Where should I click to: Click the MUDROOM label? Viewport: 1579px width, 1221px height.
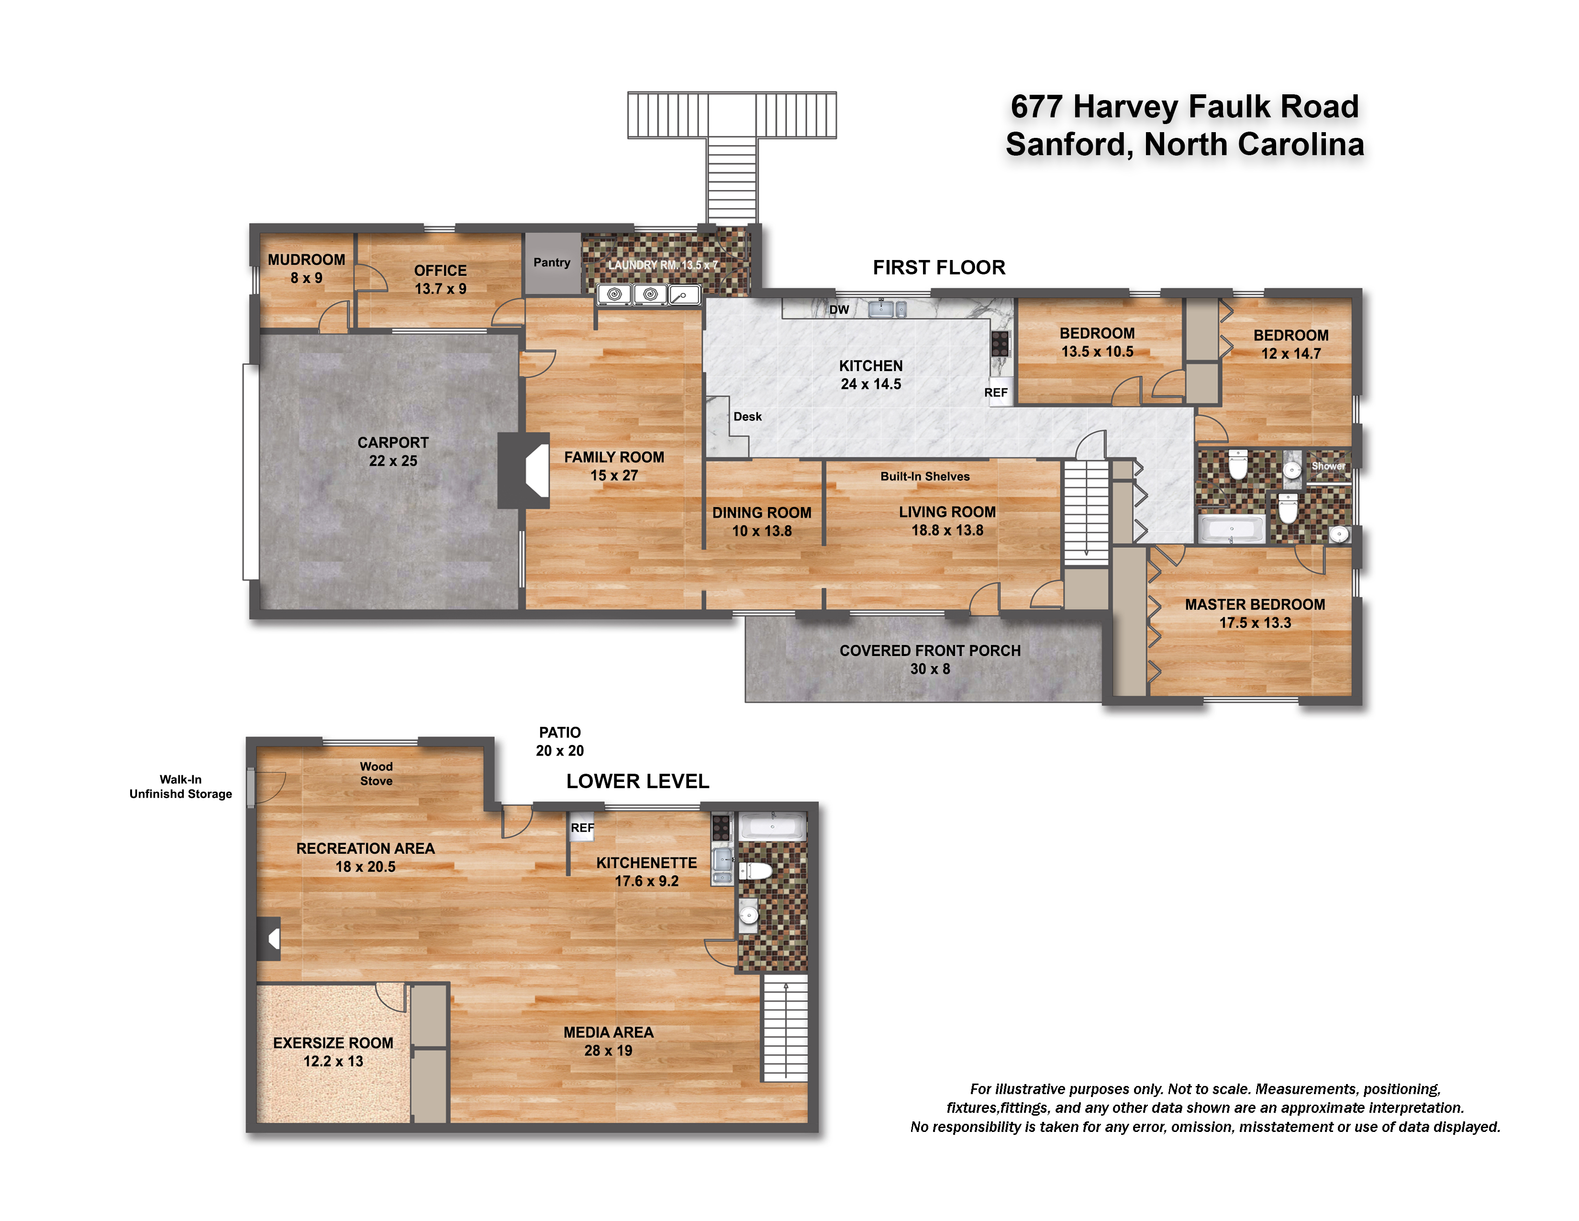point(307,260)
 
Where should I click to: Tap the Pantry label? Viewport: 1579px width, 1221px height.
point(552,262)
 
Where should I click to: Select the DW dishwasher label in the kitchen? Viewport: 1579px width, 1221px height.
point(839,310)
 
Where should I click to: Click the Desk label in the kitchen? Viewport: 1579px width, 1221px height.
point(747,417)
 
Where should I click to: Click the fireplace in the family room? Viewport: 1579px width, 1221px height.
point(524,471)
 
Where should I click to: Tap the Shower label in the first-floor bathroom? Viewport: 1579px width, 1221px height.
point(1328,466)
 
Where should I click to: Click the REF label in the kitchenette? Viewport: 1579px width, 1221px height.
point(582,827)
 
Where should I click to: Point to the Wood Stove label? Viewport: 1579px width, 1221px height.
point(376,773)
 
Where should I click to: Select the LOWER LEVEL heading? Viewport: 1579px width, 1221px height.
point(638,781)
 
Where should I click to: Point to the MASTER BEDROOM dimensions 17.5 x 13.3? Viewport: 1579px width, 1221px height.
point(1255,623)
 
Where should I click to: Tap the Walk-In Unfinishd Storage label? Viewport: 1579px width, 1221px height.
point(181,786)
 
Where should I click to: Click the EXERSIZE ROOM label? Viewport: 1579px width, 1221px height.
point(334,1043)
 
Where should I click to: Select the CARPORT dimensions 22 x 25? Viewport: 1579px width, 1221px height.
point(393,461)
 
